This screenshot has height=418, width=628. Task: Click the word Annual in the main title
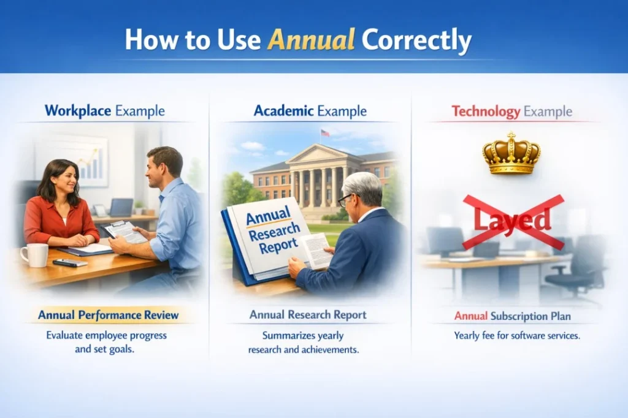pos(312,40)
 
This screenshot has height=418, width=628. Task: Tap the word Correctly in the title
pos(416,40)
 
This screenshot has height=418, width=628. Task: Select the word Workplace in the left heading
pos(78,112)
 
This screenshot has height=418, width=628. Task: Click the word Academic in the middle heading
pos(282,112)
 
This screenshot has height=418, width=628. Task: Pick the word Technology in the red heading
pos(486,112)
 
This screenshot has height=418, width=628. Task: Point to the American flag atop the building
pos(325,133)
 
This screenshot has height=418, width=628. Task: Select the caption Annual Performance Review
pos(109,316)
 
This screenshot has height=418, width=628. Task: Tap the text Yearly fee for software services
pos(517,336)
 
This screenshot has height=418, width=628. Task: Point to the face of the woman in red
pos(66,178)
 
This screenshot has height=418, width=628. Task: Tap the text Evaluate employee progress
pos(106,336)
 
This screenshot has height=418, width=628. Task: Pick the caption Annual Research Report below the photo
pos(308,315)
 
